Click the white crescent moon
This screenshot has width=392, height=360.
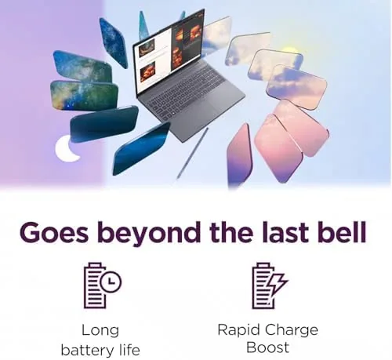point(62,151)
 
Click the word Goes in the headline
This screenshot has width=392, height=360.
point(54,232)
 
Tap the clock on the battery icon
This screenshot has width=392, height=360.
point(111,282)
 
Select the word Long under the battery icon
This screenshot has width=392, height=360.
point(100,331)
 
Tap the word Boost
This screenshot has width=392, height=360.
point(268,347)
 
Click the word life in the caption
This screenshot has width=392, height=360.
point(129,350)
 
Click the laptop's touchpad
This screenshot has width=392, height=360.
point(201,113)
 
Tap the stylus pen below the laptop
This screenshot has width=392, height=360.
point(193,153)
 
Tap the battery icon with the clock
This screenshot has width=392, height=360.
point(95,285)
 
